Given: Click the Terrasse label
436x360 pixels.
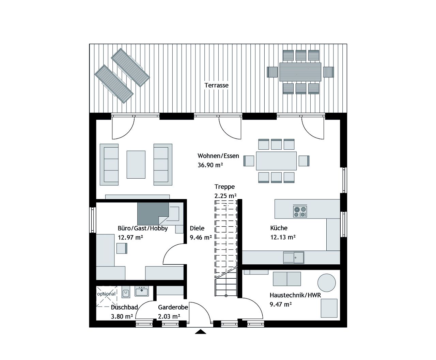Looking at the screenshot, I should pos(216,85).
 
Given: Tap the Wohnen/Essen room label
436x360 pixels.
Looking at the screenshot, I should pos(218,156).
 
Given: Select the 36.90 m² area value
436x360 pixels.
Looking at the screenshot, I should pos(210,165).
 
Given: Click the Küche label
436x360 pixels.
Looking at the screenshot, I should pos(279,228).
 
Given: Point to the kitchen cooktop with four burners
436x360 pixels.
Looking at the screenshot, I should pos(300,212).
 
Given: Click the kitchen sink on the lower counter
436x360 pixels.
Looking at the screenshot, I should pos(294,257).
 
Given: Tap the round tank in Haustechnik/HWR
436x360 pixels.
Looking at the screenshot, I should pos(327,282).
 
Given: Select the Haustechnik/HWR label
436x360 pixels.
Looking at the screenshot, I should pos(295,295).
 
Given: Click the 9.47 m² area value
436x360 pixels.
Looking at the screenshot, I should pos(280,305).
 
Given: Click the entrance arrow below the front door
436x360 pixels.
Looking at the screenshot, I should pos(201,332).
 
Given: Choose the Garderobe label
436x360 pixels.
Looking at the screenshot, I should pos(173,307).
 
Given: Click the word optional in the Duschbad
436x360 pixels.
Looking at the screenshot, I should pos(106,294).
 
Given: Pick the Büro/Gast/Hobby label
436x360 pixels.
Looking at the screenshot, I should pos(143,228).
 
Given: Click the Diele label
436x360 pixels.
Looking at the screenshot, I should pos(197,228).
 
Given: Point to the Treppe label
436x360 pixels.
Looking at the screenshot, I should pos(224,187).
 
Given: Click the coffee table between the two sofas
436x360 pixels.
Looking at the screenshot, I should pos(136,164).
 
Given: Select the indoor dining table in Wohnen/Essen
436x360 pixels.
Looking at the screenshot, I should pos(276,161).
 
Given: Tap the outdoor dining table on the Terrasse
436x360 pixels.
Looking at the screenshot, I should pos(300,71).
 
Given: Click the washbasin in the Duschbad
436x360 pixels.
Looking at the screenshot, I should pos(141,291).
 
